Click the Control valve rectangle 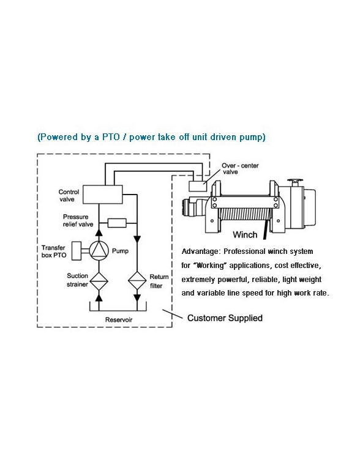tap(102, 195)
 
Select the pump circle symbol tap(99, 250)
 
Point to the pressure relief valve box tap(116, 223)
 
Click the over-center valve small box tap(197, 184)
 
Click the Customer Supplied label tap(225, 318)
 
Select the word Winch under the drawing tap(245, 234)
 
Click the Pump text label tap(119, 250)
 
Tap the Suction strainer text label tap(78, 280)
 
